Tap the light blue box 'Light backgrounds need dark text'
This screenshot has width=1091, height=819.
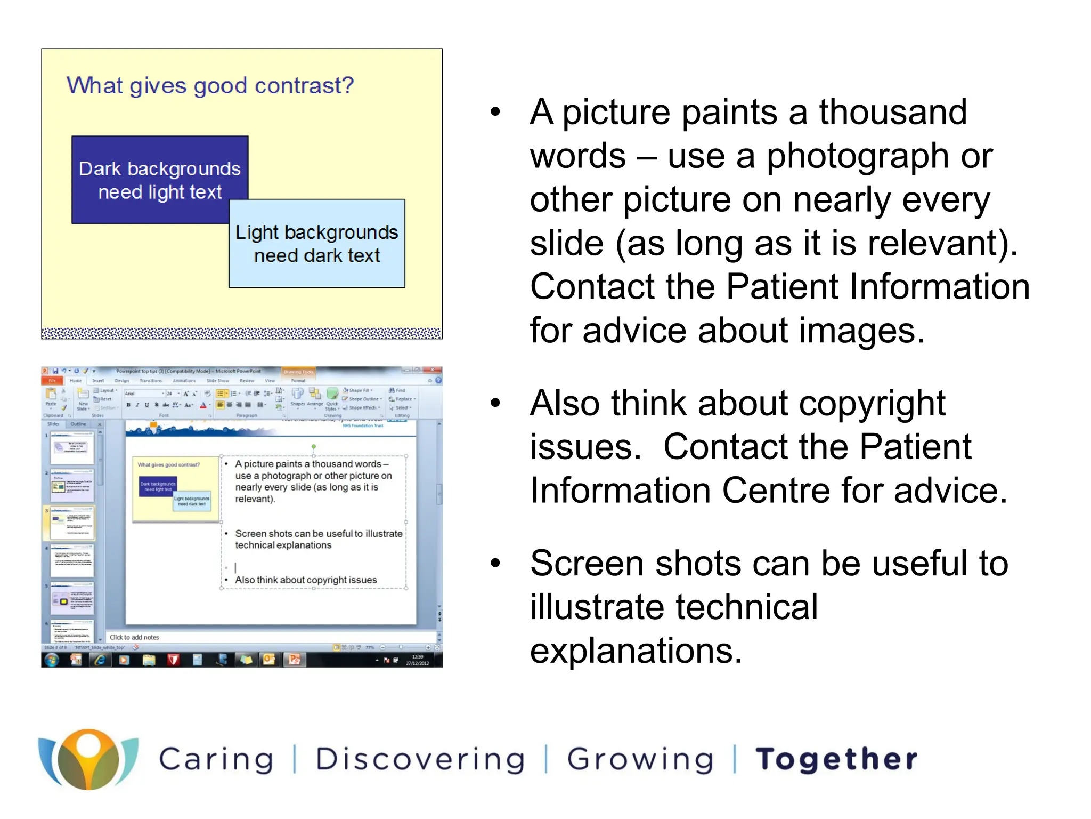[x=317, y=244]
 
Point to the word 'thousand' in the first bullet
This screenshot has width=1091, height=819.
[x=892, y=113]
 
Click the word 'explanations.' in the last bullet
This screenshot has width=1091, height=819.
[x=636, y=652]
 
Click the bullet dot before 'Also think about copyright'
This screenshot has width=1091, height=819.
[x=495, y=403]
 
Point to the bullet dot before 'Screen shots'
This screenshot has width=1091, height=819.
[x=495, y=563]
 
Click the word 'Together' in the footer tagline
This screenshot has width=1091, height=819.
[x=836, y=760]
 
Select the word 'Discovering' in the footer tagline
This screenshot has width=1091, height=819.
[x=420, y=760]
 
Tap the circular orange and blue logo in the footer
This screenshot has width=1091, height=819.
[x=88, y=759]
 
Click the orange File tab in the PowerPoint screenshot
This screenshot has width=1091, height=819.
[x=52, y=381]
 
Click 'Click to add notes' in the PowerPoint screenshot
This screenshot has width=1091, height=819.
[x=134, y=637]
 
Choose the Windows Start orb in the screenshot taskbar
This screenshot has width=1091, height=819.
[x=52, y=660]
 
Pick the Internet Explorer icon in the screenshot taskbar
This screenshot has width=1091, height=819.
[x=100, y=660]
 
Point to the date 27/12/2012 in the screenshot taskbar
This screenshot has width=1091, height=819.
[x=417, y=663]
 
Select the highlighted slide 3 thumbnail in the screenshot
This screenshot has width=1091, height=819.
[x=72, y=523]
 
